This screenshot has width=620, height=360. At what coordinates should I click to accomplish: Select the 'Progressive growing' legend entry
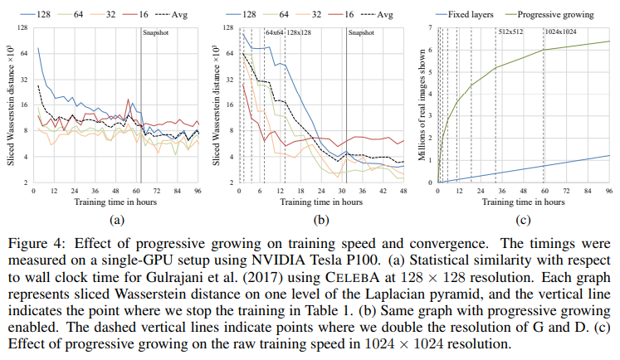pos(554,14)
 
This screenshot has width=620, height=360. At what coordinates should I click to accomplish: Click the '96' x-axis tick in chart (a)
pos(198,191)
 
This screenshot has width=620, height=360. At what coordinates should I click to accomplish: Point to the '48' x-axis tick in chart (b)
pos(404,191)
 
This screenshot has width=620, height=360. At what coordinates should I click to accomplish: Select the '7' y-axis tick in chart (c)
pos(431,27)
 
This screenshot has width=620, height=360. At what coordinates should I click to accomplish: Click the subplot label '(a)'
pos(115,221)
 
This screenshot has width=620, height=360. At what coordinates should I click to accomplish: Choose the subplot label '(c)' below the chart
pos(523,221)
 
